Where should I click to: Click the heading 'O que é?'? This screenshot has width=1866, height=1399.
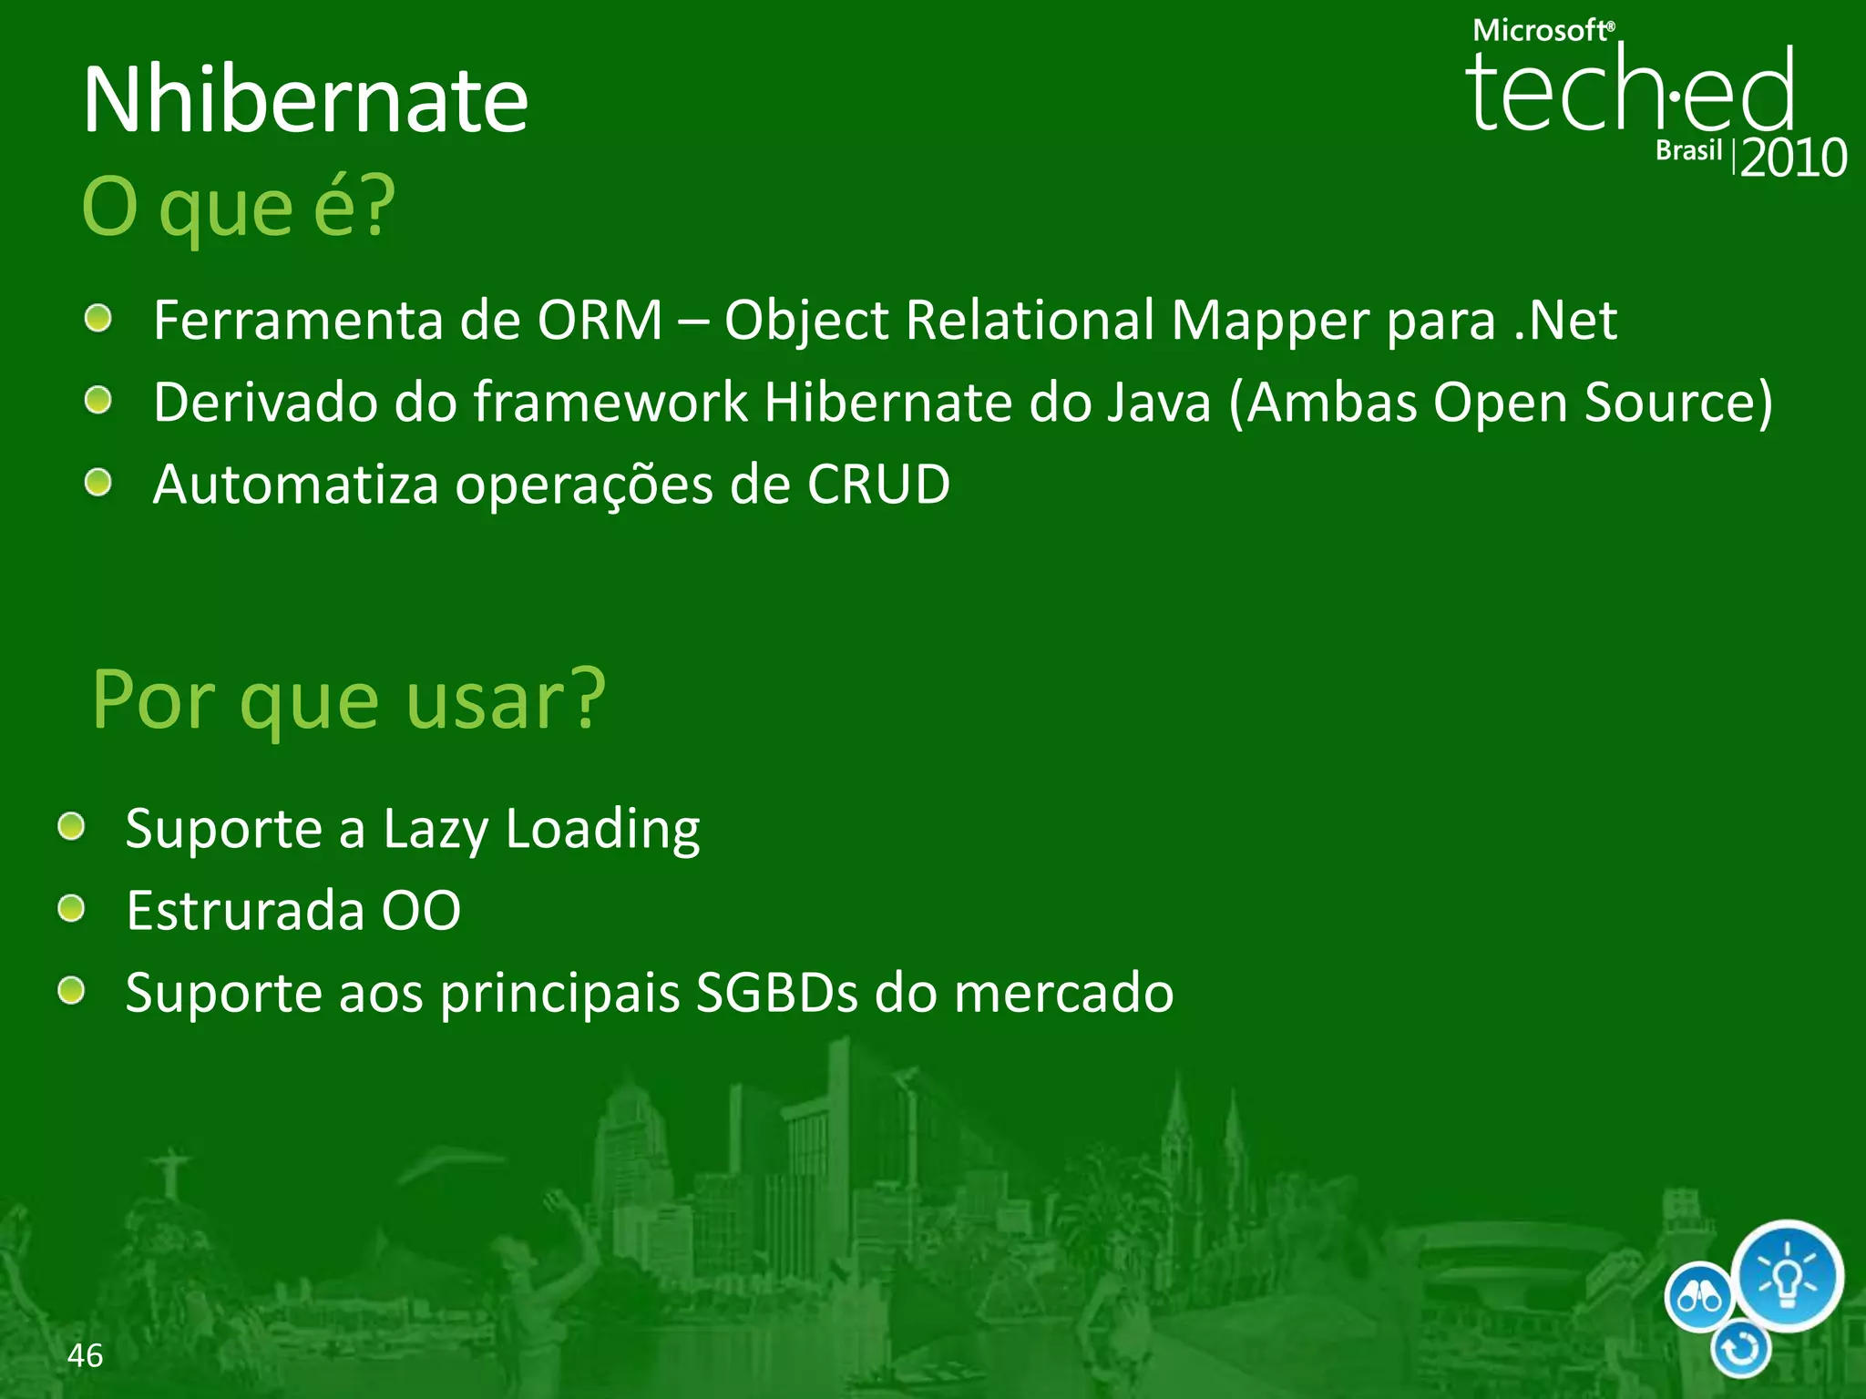[x=239, y=208]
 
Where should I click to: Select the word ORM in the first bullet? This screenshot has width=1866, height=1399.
[x=600, y=321]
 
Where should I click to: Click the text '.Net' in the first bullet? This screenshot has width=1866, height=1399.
[x=1565, y=321]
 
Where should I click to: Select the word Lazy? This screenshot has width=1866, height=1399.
[x=436, y=830]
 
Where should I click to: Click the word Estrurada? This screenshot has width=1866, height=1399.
[x=244, y=910]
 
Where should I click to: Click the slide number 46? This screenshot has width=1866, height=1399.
[x=85, y=1355]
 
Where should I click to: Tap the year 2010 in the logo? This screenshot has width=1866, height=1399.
[x=1793, y=158]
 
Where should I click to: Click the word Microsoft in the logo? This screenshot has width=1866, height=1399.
[x=1542, y=31]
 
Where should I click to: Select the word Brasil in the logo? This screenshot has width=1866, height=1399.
[x=1688, y=150]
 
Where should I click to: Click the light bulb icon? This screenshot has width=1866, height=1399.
[x=1787, y=1276]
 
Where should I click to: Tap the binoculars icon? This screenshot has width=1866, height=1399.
[x=1699, y=1297]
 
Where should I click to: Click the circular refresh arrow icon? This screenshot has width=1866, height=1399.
[x=1740, y=1349]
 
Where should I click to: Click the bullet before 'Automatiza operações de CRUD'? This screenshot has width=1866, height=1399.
[x=97, y=483]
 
